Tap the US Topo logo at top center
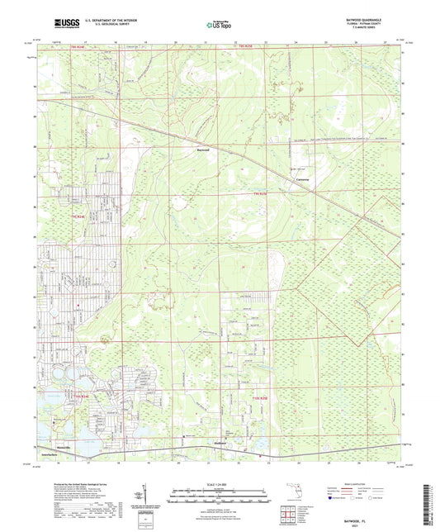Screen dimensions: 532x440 point(218,26)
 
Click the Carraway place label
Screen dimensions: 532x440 point(305,180)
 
